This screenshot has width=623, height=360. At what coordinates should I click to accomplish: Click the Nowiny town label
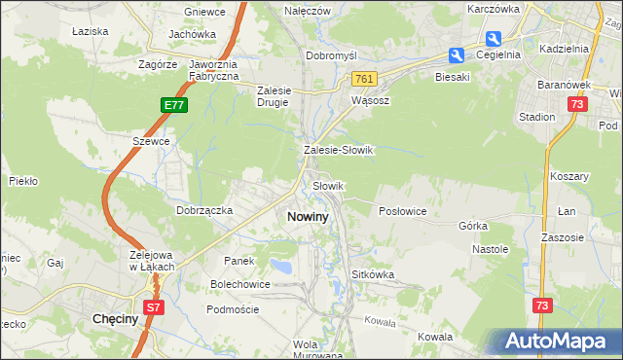307,217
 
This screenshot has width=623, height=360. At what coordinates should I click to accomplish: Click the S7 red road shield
153,307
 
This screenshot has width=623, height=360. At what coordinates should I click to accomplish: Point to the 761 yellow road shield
365,79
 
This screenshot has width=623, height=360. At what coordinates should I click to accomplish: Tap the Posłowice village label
402,211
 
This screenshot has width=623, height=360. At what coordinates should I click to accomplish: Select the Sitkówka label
373,274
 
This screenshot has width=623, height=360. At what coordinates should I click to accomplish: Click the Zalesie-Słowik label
339,151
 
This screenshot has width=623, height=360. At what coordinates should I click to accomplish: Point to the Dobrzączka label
203,209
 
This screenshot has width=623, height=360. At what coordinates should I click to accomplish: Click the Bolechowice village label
239,284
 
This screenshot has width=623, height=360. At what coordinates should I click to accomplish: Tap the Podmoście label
232,308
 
